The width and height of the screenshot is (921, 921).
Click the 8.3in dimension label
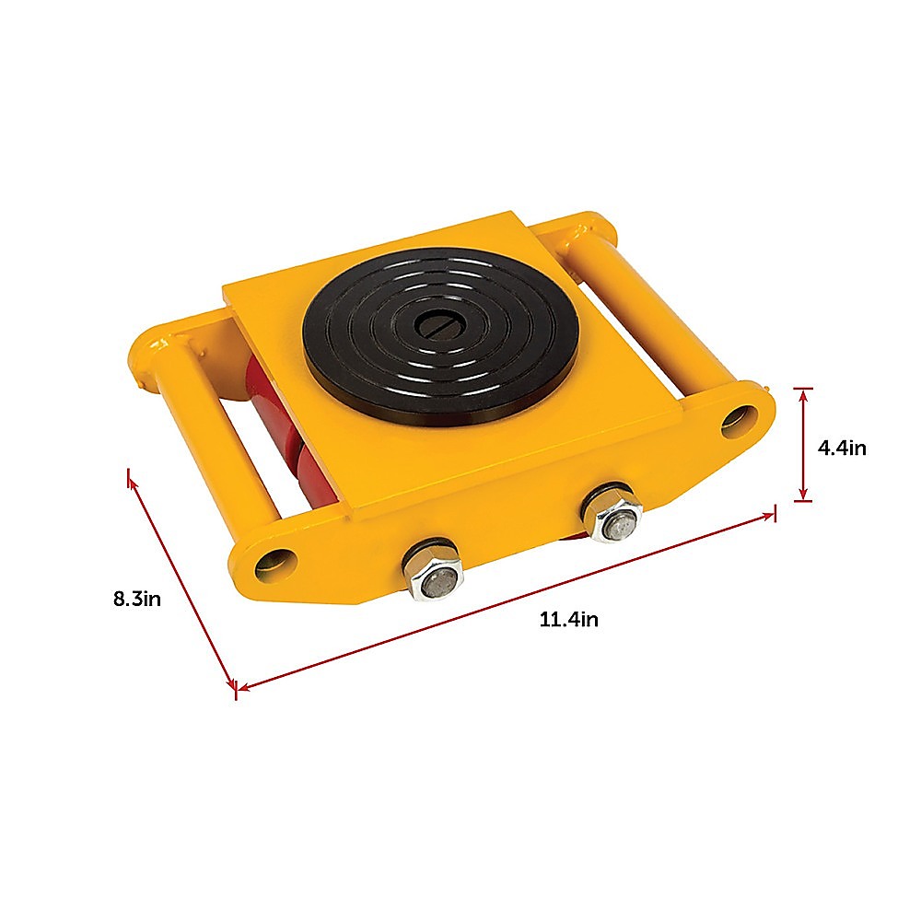[x=137, y=600]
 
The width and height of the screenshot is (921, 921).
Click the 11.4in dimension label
[x=568, y=619]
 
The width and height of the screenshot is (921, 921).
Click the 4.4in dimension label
[x=842, y=449]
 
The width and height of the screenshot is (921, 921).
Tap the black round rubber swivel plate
[x=440, y=337]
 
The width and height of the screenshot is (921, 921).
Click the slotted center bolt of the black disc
[x=440, y=323]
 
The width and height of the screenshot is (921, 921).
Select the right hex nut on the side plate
[x=612, y=513]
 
